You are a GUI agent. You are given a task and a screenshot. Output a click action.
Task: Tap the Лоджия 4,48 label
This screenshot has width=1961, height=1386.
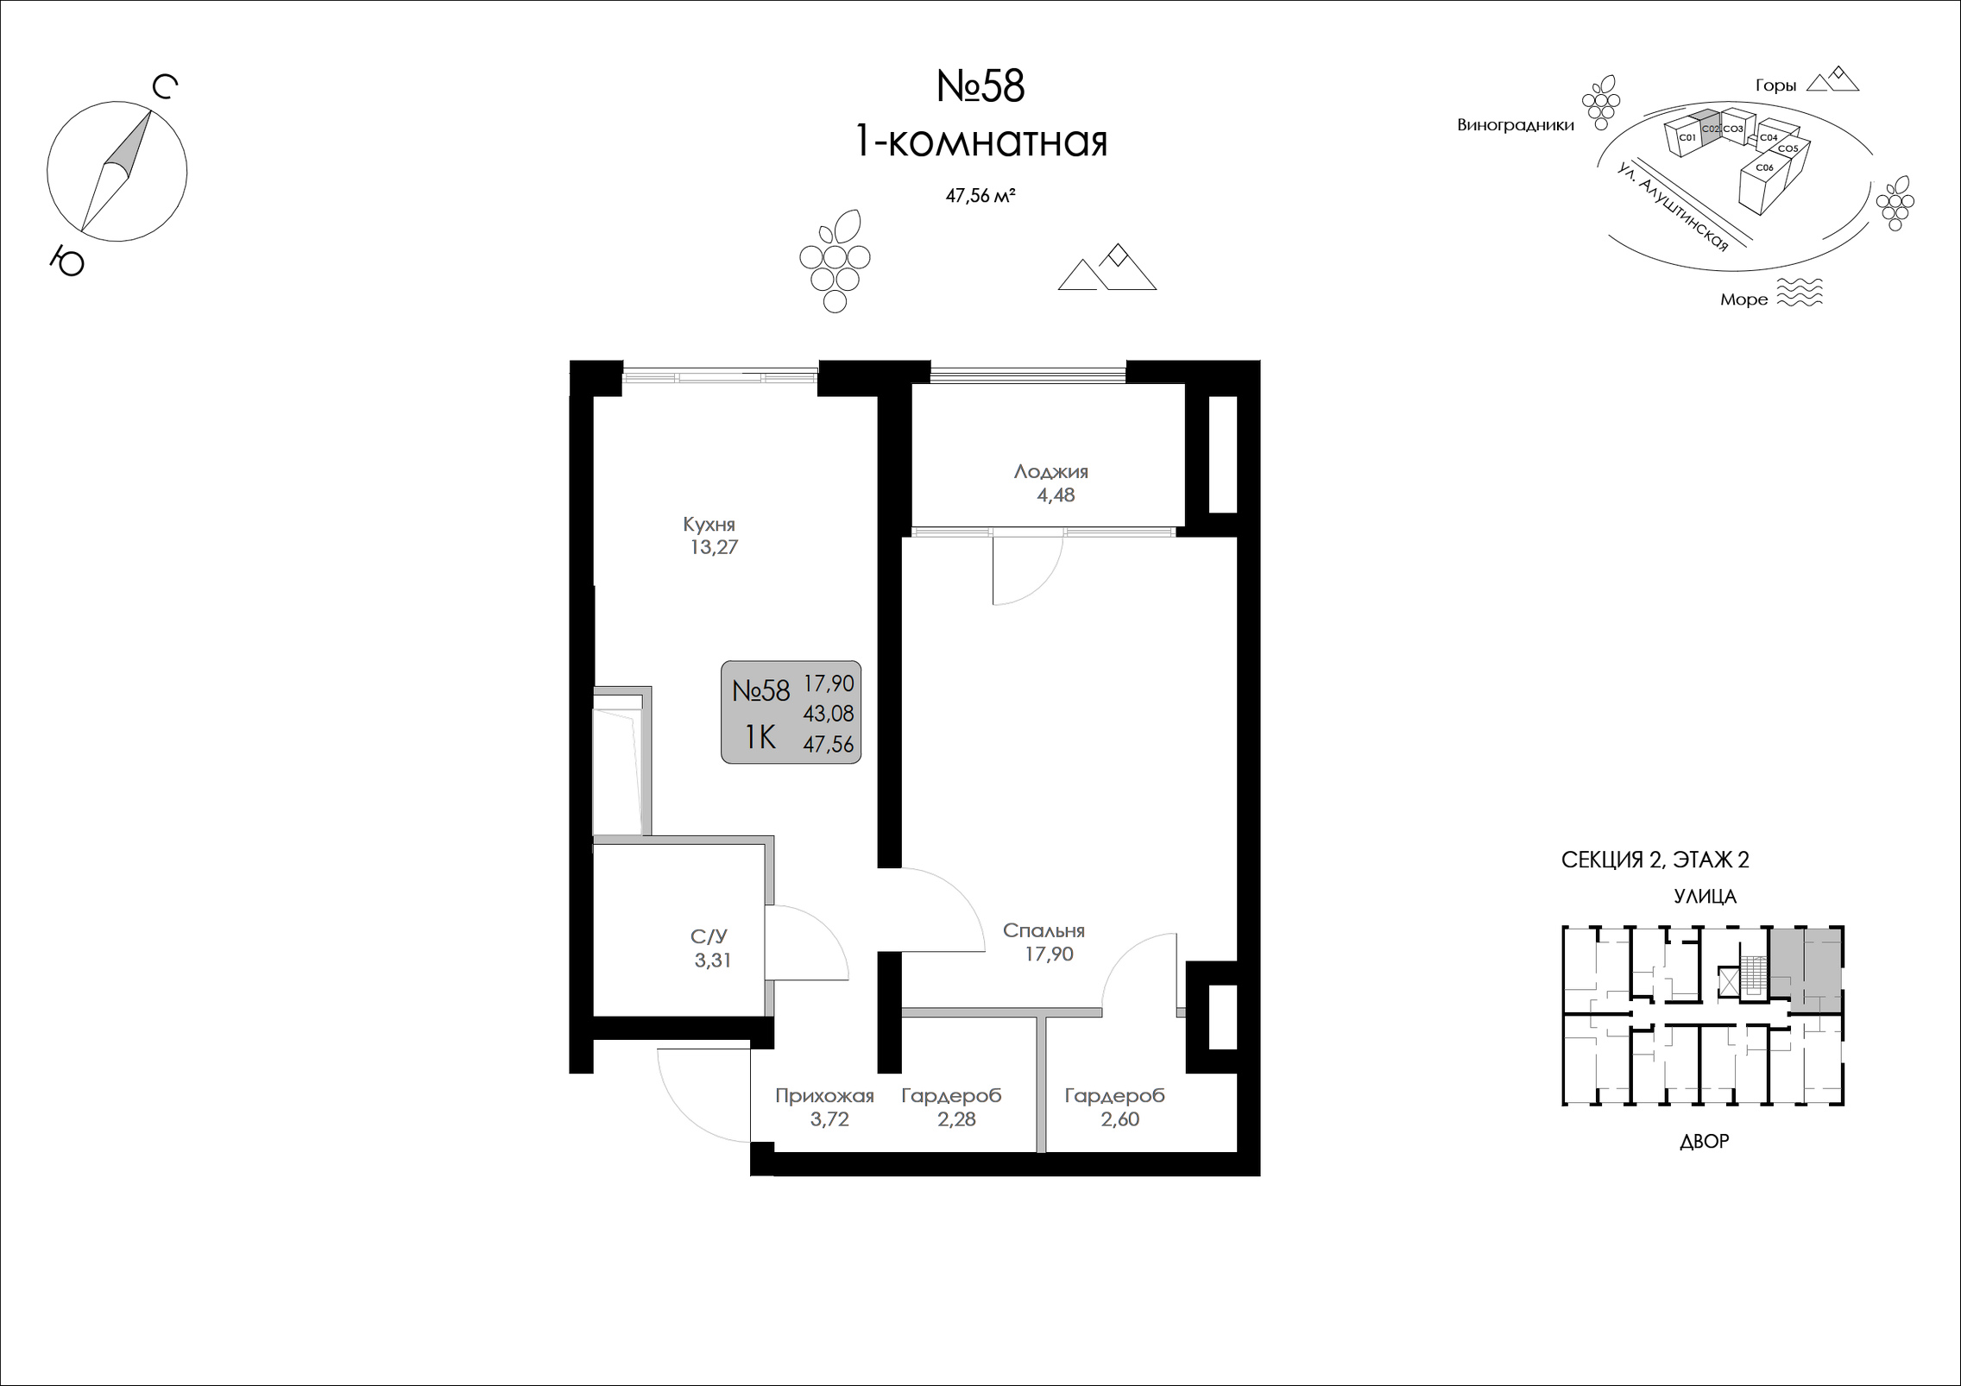click(1050, 483)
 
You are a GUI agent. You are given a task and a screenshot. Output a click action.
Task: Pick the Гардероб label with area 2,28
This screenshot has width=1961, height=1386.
click(951, 1107)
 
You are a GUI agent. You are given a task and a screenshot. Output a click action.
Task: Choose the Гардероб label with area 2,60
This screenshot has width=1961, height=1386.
click(1114, 1107)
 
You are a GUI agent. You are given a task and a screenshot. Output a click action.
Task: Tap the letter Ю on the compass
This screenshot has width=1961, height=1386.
click(66, 260)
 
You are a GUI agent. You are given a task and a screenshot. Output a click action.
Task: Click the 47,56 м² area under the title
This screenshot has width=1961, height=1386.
click(980, 196)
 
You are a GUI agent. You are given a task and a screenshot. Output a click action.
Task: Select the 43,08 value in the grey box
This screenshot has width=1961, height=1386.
click(829, 714)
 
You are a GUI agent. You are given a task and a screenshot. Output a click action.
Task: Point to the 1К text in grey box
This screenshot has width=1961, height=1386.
click(760, 737)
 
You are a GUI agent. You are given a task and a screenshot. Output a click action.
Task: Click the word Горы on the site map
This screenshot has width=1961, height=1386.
click(1775, 85)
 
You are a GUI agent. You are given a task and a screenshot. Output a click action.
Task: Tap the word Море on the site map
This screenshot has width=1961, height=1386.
click(1743, 299)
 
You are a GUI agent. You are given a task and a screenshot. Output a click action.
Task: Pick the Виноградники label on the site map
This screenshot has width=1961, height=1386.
click(1516, 125)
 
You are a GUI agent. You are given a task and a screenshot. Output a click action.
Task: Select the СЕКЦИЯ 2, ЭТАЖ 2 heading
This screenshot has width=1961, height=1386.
click(1655, 860)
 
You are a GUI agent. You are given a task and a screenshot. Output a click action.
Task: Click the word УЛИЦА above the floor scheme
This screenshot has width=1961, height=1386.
click(1705, 897)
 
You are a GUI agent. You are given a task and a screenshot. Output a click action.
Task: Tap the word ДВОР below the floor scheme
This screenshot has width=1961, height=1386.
click(1705, 1142)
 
